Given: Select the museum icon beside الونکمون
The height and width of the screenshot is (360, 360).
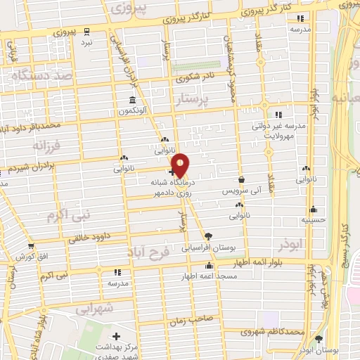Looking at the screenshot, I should (132, 99).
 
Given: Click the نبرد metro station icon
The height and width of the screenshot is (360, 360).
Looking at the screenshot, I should (86, 32).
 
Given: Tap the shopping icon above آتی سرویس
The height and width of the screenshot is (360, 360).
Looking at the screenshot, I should (242, 180).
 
